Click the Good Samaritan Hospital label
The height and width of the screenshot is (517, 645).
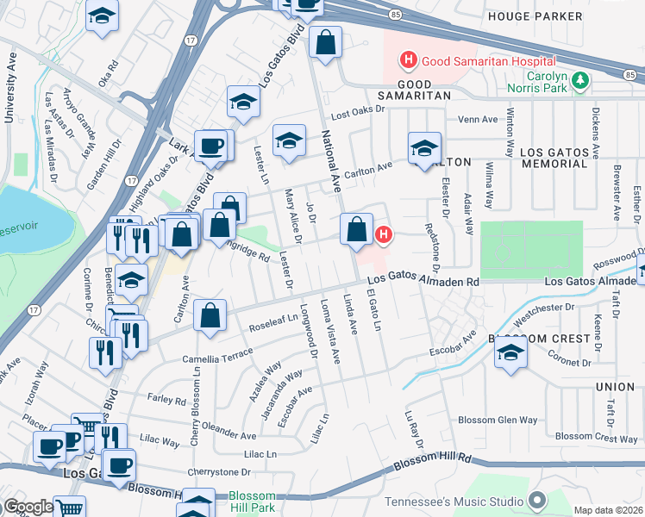(x=488, y=61)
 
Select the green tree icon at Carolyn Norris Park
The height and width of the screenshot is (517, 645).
(x=582, y=81)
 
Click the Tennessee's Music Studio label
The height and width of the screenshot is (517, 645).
(x=454, y=501)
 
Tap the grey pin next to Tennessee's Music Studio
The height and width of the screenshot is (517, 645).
(x=536, y=501)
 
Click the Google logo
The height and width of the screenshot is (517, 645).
(x=28, y=507)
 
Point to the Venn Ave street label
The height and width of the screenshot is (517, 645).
(x=479, y=120)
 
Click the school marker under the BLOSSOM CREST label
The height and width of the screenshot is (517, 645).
(x=510, y=353)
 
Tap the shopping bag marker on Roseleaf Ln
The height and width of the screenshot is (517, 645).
(x=210, y=316)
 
